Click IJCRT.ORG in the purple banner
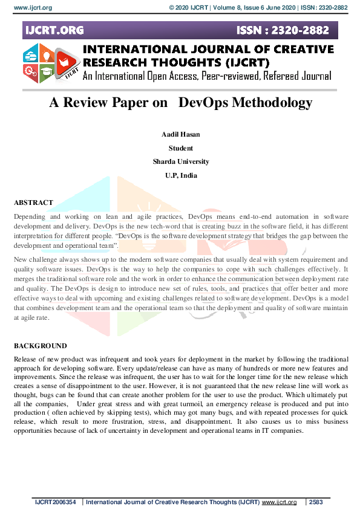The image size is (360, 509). tap(55, 30)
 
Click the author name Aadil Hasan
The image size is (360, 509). tap(180, 134)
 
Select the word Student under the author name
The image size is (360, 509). tap(180, 148)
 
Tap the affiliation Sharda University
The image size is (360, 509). tap(180, 161)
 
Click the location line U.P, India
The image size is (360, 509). tap(180, 175)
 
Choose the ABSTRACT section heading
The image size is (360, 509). tap(33, 203)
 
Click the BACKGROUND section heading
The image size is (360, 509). tap(40, 346)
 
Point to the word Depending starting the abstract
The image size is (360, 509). tap(30, 216)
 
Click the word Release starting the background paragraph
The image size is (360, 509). tap(25, 359)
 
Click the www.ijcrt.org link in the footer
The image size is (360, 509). tap(279, 502)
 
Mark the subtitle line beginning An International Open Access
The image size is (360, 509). tap(207, 76)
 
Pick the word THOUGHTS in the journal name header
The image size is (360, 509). tap(186, 62)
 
